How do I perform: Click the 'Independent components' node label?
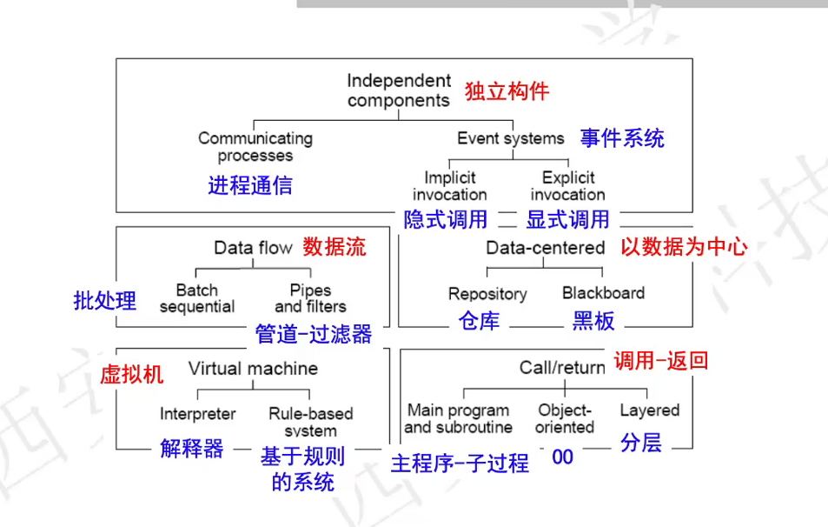click(x=399, y=90)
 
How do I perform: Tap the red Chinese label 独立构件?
click(x=507, y=91)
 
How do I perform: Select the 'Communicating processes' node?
click(x=255, y=147)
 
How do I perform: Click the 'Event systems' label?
click(x=511, y=138)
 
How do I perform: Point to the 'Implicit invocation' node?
click(x=449, y=186)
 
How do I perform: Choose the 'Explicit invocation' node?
click(x=567, y=186)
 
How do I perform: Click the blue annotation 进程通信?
click(x=250, y=185)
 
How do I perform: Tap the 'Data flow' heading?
click(x=253, y=248)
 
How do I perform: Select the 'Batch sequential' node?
click(x=197, y=298)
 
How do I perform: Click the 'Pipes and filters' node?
click(x=310, y=298)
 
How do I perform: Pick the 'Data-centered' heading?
click(x=546, y=248)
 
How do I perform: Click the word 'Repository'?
click(x=487, y=294)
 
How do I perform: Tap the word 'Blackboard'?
click(x=603, y=293)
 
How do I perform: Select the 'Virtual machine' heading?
click(x=253, y=369)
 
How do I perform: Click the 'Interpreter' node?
click(x=198, y=414)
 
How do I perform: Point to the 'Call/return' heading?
click(x=562, y=368)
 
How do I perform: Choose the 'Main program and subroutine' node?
click(x=459, y=418)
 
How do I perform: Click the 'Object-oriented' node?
click(x=565, y=418)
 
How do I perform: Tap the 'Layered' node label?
click(x=650, y=410)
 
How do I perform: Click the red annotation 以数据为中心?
click(x=684, y=247)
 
